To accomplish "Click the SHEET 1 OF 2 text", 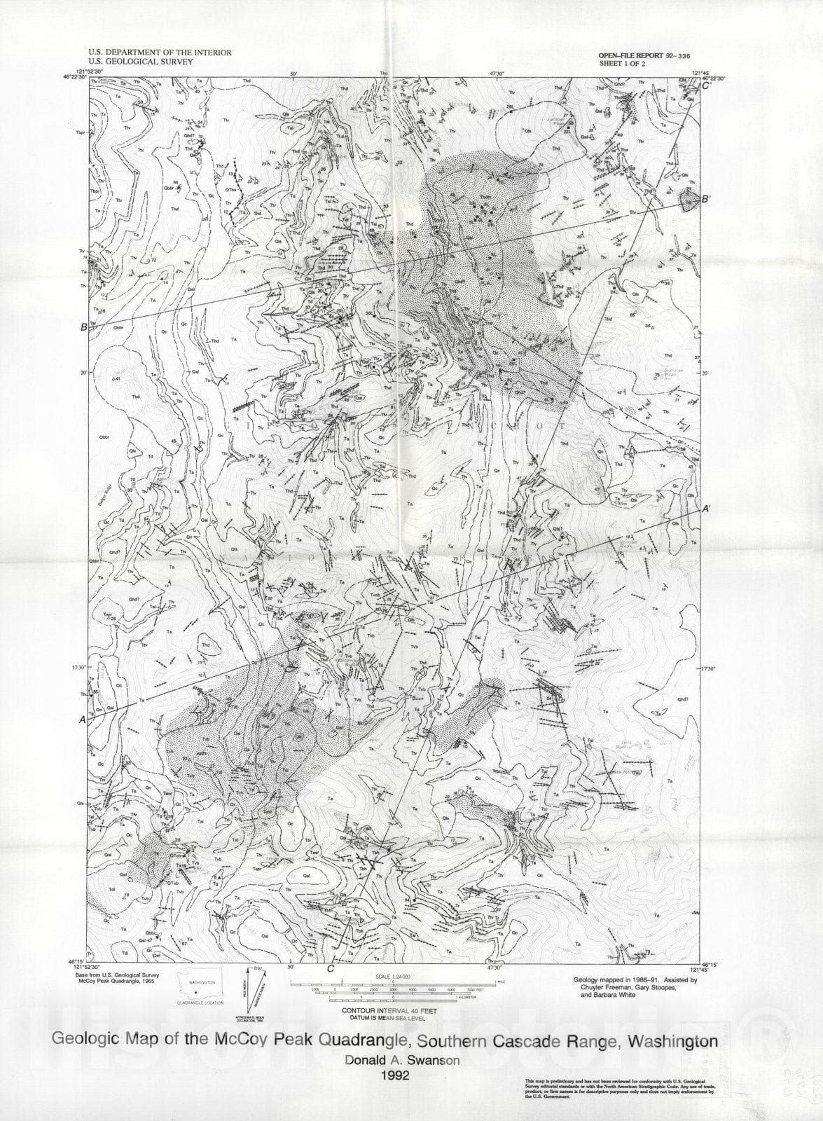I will (x=621, y=63).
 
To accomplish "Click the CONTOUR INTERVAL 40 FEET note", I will (x=389, y=1011).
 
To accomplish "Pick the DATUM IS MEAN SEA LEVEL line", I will (x=389, y=1018).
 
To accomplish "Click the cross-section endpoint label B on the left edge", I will (x=83, y=326).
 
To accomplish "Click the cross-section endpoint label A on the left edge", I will (x=83, y=720).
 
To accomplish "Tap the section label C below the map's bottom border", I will (x=330, y=969).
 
